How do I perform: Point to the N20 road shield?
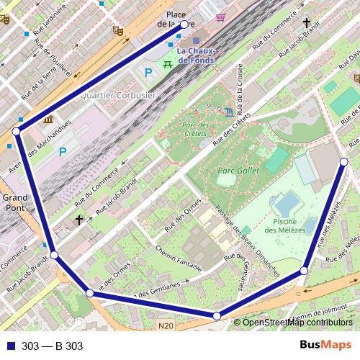pos(166,326)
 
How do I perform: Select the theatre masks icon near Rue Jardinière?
pos(118,30)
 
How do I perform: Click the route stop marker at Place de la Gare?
pos(184,24)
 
